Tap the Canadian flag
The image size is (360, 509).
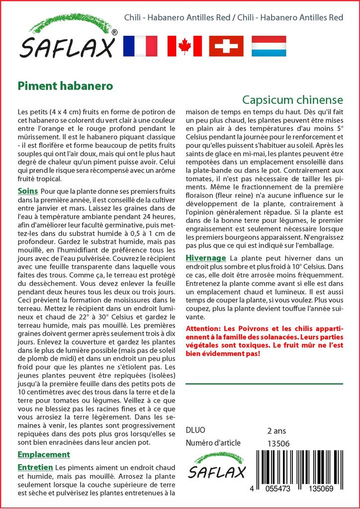tap(184, 46)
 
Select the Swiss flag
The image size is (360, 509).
tap(226, 46)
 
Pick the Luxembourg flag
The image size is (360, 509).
tap(269, 46)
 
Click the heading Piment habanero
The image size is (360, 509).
tap(65, 85)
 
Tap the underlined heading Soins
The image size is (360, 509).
tap(28, 191)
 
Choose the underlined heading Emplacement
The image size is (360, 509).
tap(44, 454)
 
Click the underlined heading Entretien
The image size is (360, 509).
tap(35, 468)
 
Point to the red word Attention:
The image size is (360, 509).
tap(203, 329)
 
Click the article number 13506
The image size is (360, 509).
tap(278, 443)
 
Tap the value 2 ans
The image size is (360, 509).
tap(276, 430)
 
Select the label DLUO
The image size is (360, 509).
tap(195, 430)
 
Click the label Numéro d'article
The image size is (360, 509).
tap(213, 443)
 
